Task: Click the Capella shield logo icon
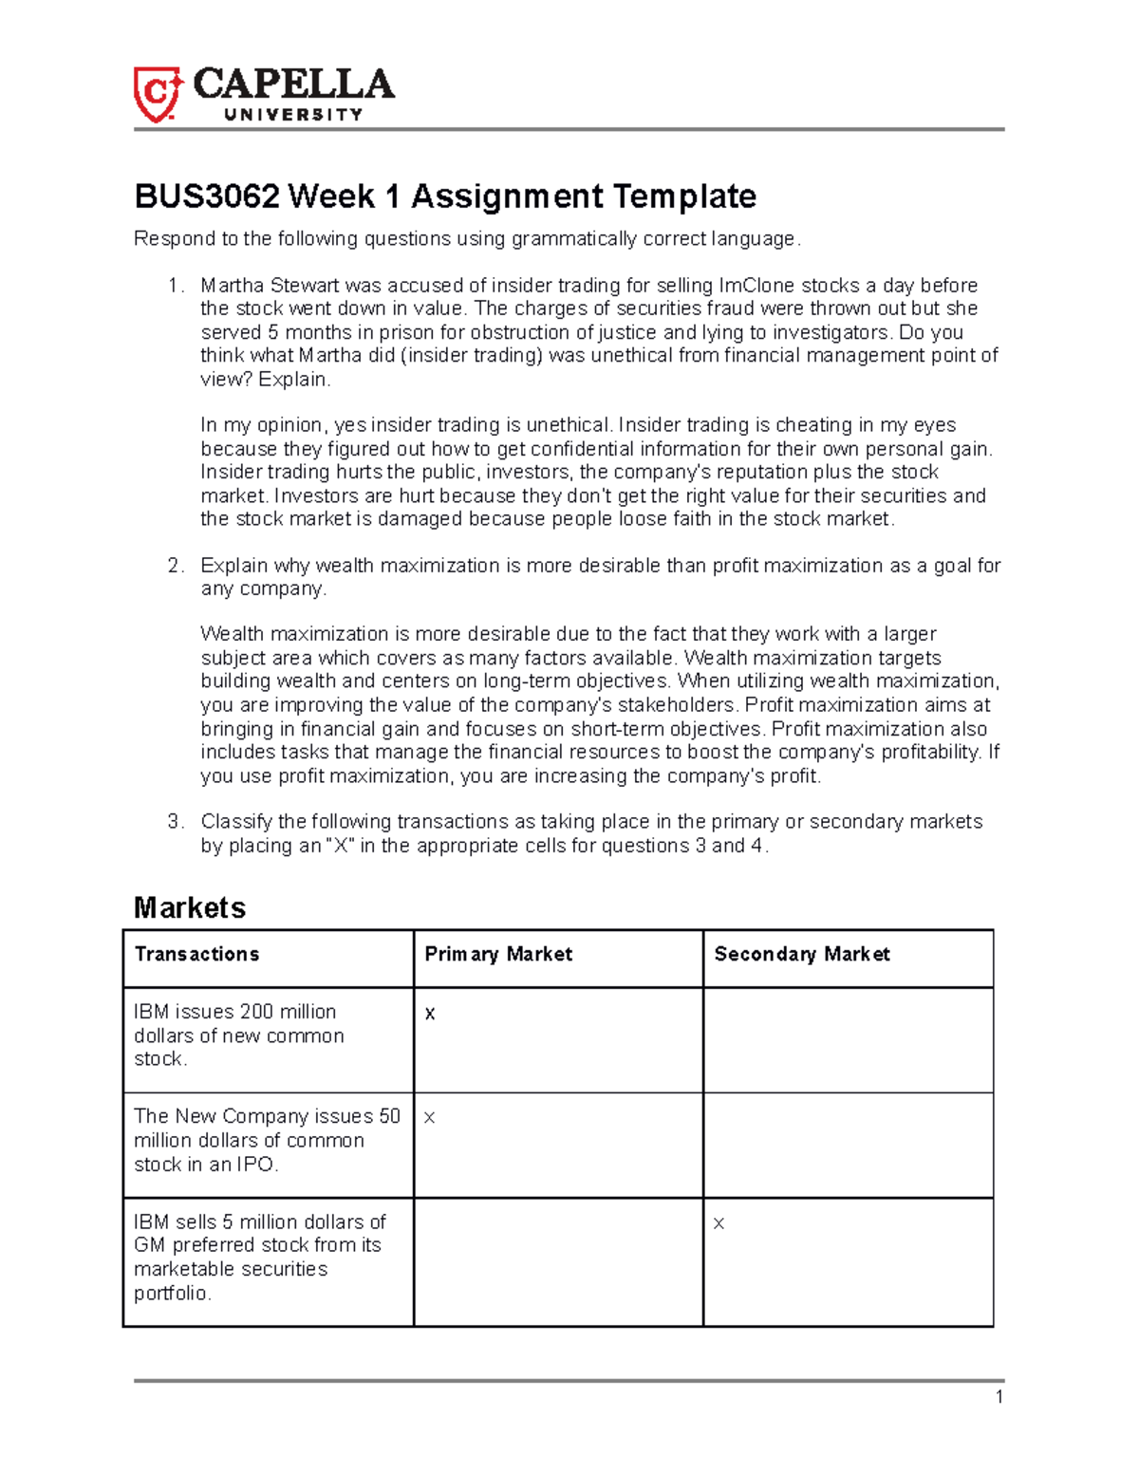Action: point(157,94)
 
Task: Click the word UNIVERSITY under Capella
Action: point(292,115)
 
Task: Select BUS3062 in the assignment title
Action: point(207,196)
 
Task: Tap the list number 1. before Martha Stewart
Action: point(176,286)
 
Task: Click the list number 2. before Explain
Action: point(176,566)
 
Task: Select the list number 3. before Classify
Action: point(176,822)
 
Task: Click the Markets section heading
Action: point(190,908)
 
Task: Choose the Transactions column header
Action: point(196,955)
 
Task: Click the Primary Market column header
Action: point(498,955)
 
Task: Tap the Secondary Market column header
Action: point(802,955)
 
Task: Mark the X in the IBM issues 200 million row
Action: point(430,1015)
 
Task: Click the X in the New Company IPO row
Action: point(430,1119)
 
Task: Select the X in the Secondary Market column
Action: point(719,1224)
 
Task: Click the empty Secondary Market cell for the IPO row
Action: point(848,1145)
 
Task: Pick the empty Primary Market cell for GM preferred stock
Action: point(558,1261)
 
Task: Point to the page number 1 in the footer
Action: point(999,1397)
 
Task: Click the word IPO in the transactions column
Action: point(254,1165)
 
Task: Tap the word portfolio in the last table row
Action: point(172,1294)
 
